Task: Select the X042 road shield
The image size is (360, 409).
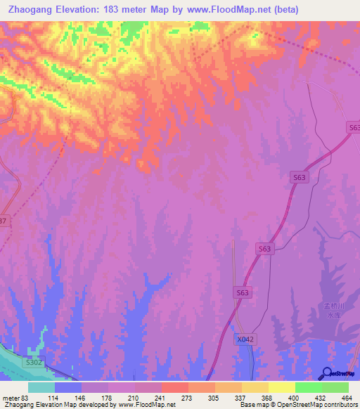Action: click(244, 339)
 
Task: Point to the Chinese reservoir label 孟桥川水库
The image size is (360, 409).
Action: click(332, 311)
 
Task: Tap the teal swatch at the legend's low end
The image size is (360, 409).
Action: click(41, 387)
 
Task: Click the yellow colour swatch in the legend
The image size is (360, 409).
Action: click(281, 387)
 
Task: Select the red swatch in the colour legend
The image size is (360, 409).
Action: click(174, 387)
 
